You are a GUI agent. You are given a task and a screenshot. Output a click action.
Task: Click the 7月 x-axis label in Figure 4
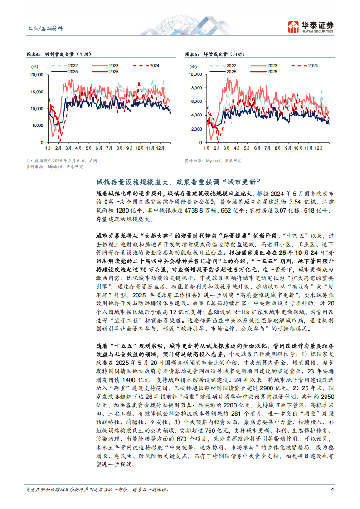click(109, 148)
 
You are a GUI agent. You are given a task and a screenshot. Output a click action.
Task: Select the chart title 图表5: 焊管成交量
click(213, 55)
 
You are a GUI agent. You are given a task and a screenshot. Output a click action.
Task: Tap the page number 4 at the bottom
click(332, 490)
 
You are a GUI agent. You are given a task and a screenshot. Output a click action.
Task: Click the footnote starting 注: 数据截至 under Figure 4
click(62, 161)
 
